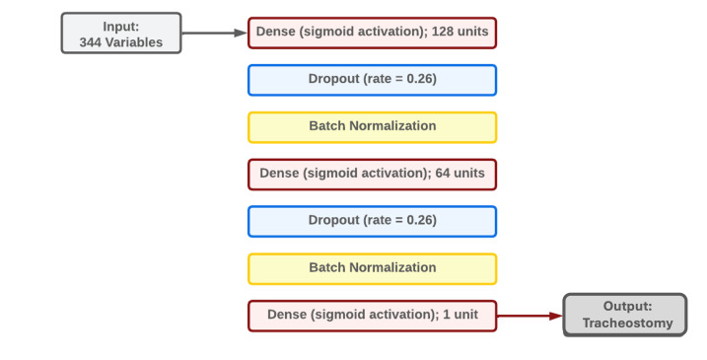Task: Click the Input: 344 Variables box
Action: [x=121, y=33]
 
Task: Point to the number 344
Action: [x=91, y=42]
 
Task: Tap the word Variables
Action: [x=134, y=42]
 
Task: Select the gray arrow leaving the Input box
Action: [x=215, y=33]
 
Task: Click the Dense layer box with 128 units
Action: [x=372, y=33]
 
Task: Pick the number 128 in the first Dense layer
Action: [x=442, y=32]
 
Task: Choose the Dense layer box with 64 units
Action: [x=372, y=175]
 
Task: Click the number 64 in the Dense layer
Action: [x=443, y=174]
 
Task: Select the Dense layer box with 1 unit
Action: [x=372, y=316]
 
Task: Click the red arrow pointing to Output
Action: [x=530, y=317]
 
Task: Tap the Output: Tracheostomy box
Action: [x=625, y=315]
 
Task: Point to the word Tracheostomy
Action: [x=627, y=323]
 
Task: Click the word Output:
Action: [x=627, y=307]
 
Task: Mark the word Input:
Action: [x=121, y=27]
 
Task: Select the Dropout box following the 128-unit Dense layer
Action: [x=372, y=80]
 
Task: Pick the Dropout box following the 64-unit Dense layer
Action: [x=372, y=222]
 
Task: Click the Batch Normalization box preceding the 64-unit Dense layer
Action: [x=372, y=127]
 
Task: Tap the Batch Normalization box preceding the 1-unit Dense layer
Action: [x=372, y=269]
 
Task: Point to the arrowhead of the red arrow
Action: [x=556, y=317]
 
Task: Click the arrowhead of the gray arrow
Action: [x=241, y=33]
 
